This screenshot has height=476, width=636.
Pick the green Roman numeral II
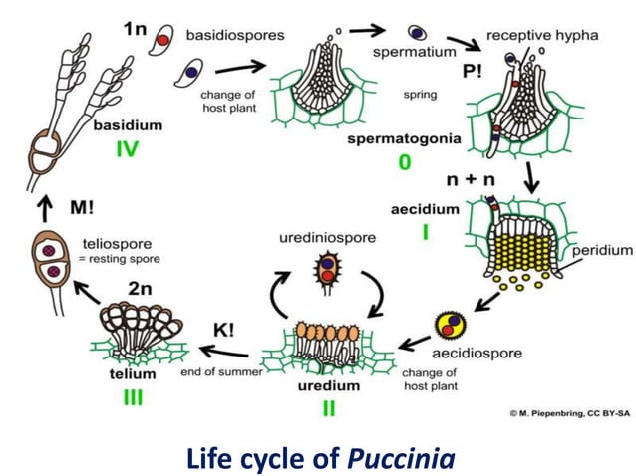(x=328, y=408)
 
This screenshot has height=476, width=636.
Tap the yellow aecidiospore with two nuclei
(x=450, y=325)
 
